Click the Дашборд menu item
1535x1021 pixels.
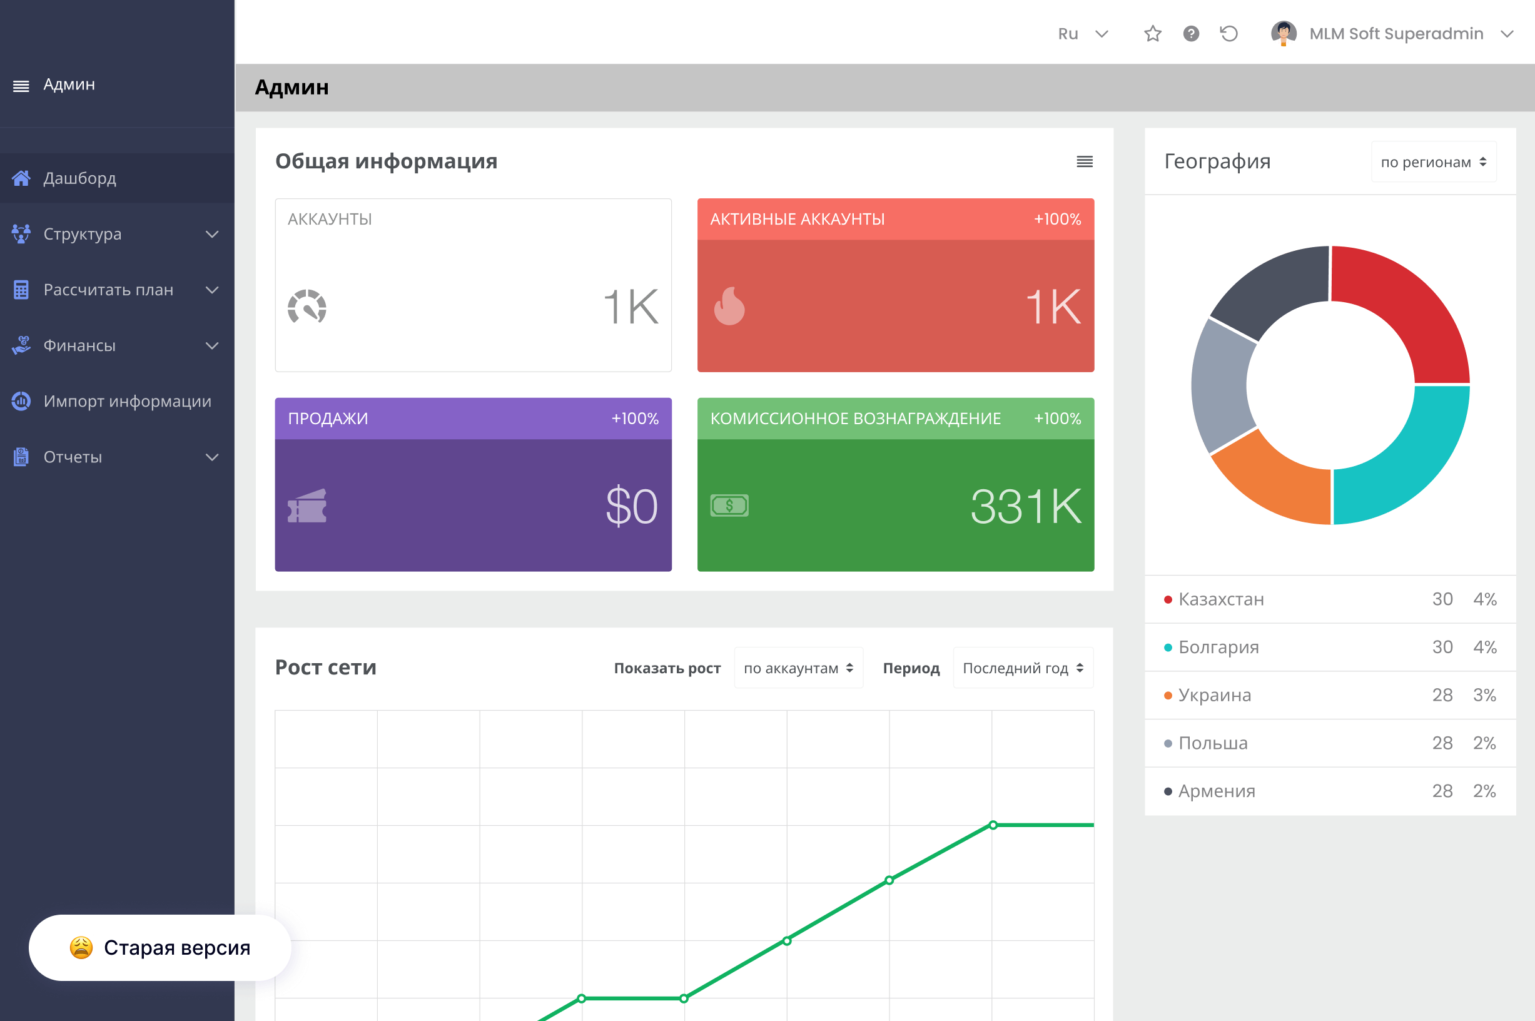(x=79, y=178)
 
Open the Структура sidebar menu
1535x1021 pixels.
(x=83, y=234)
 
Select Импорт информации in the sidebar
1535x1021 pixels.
(x=127, y=401)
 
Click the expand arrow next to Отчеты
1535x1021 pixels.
(x=212, y=457)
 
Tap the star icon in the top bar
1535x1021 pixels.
(x=1153, y=33)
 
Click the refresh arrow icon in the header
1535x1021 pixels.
(x=1229, y=33)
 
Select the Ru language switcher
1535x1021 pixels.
(x=1083, y=34)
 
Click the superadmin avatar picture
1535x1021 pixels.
(x=1284, y=33)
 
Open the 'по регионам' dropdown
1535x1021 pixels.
(x=1434, y=162)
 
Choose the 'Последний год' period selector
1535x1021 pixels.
(x=1023, y=668)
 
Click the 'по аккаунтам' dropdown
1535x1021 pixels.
(x=798, y=668)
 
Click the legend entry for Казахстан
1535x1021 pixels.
(x=1220, y=599)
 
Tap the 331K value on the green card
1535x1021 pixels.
(x=1025, y=506)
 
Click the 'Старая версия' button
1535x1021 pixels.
(x=160, y=947)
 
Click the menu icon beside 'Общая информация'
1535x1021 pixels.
(x=1085, y=161)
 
